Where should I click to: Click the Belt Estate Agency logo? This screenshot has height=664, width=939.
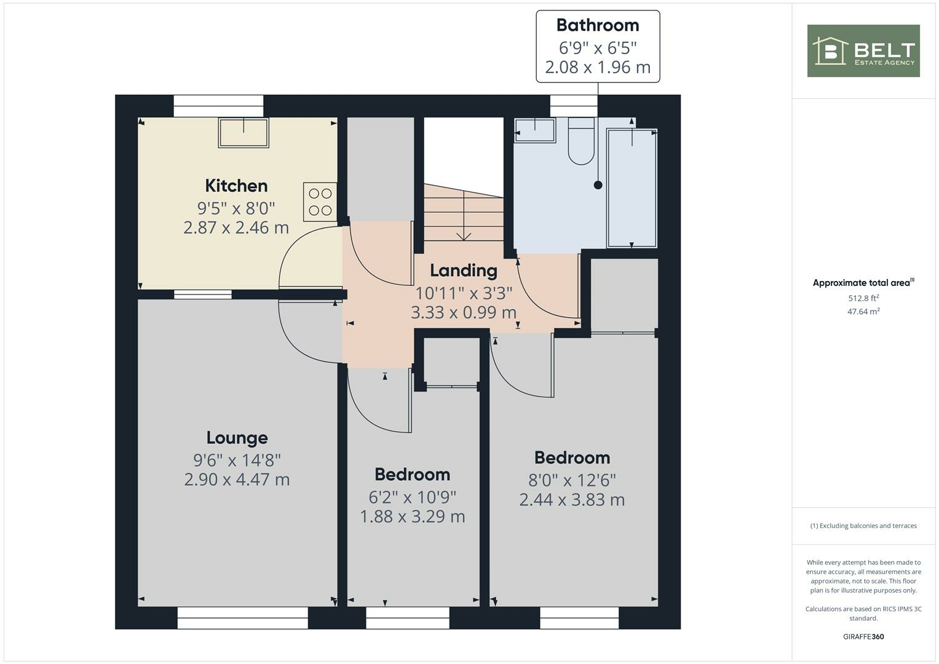(x=863, y=50)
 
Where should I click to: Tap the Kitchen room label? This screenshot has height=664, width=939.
(x=236, y=186)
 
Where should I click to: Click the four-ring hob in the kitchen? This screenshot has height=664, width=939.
(x=320, y=202)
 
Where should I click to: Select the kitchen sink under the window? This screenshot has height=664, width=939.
(x=244, y=133)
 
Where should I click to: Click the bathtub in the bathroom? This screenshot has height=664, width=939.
(x=632, y=188)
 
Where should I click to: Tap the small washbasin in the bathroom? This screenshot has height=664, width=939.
(x=534, y=130)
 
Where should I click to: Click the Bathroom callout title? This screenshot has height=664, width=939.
(x=597, y=25)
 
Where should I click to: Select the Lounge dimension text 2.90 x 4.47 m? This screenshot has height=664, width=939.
(x=237, y=480)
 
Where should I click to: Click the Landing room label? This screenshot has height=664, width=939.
(x=463, y=271)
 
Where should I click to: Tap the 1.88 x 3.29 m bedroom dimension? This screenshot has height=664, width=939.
(x=412, y=516)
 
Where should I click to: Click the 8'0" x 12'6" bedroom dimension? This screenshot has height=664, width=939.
(x=572, y=480)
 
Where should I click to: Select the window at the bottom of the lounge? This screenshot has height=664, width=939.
(x=242, y=618)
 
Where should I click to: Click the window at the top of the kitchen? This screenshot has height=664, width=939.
(x=218, y=106)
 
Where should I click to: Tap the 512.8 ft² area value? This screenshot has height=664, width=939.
(x=863, y=298)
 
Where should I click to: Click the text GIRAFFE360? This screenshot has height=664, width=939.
(x=863, y=637)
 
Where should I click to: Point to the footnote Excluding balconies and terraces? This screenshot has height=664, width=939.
(x=863, y=526)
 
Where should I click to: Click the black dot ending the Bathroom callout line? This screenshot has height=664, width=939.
(x=598, y=185)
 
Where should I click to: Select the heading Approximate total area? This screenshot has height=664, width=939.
(x=862, y=283)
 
